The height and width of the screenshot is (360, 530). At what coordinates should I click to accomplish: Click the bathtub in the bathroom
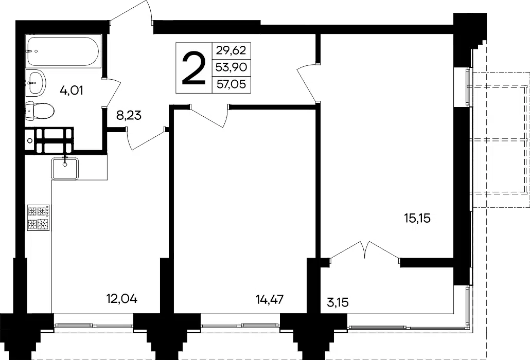pos(63,51)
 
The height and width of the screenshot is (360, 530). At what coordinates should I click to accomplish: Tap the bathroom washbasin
pos(36,82)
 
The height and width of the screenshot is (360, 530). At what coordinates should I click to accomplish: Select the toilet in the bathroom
pos(40,111)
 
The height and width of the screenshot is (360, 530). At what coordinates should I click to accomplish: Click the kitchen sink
pos(65,168)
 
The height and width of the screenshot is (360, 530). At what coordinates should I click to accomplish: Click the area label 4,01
pos(72,91)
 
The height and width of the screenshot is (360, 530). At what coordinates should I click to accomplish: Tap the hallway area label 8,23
pos(129,116)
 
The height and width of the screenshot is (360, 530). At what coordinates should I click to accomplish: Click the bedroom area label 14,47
pos(270,299)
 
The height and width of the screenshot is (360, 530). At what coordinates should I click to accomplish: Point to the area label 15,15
pos(417,218)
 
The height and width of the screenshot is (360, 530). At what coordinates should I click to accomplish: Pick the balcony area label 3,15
pos(338,302)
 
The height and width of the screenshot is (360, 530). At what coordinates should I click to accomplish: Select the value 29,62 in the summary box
pos(231,50)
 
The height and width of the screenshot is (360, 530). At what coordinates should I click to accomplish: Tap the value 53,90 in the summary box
pos(231,67)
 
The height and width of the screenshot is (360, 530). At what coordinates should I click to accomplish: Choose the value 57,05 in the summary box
pos(231,84)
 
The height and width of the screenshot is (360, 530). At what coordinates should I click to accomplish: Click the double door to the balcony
pos(365,250)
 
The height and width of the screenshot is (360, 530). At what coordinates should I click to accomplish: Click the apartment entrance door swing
pos(132,12)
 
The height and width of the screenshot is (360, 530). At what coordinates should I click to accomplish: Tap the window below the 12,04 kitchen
pos(94,326)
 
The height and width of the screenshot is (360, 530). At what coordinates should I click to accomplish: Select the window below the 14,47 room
pos(240,326)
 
